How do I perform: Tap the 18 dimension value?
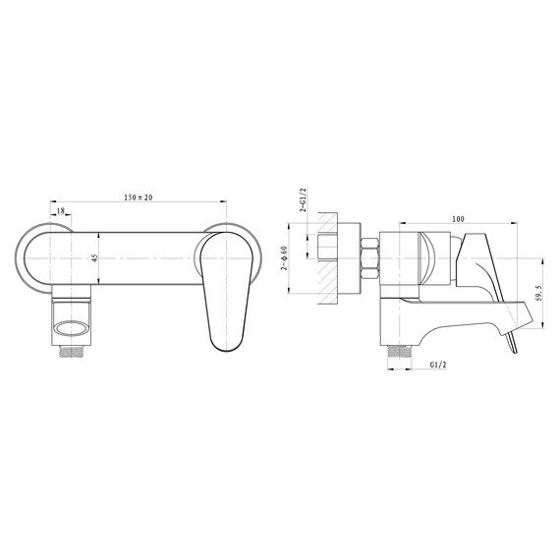[x=61, y=210]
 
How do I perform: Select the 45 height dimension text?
[x=94, y=258]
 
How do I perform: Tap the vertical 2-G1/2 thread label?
[x=296, y=204]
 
